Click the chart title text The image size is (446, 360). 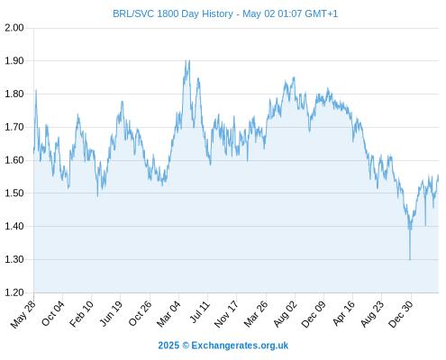click(225, 13)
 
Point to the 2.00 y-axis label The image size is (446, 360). click(14, 28)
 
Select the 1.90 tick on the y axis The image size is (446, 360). click(14, 61)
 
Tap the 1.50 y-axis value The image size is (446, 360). click(14, 193)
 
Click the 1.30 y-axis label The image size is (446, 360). click(14, 259)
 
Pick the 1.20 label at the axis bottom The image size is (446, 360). click(14, 292)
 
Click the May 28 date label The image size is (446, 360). click(23, 314)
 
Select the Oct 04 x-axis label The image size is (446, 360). click(53, 314)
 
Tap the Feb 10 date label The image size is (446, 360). click(82, 314)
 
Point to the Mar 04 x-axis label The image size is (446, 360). click(168, 314)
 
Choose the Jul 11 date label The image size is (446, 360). click(200, 312)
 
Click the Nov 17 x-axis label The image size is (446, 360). click(226, 314)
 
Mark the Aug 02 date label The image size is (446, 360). click(286, 314)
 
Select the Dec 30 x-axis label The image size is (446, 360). click(401, 314)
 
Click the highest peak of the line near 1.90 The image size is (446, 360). click(186, 60)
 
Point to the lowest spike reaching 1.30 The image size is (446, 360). click(410, 259)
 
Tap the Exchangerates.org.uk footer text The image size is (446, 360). click(240, 346)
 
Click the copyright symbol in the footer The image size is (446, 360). click(186, 346)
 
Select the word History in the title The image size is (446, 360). click(217, 13)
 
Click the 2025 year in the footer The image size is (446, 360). click(168, 346)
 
